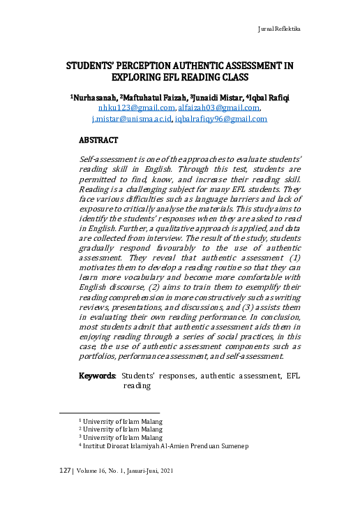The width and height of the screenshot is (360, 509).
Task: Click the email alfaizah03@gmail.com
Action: tap(219, 108)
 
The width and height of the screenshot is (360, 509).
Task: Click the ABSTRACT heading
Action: tap(103, 140)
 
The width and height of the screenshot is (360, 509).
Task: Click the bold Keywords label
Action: tap(98, 376)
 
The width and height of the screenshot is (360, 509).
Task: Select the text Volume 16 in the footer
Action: tap(94, 471)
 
